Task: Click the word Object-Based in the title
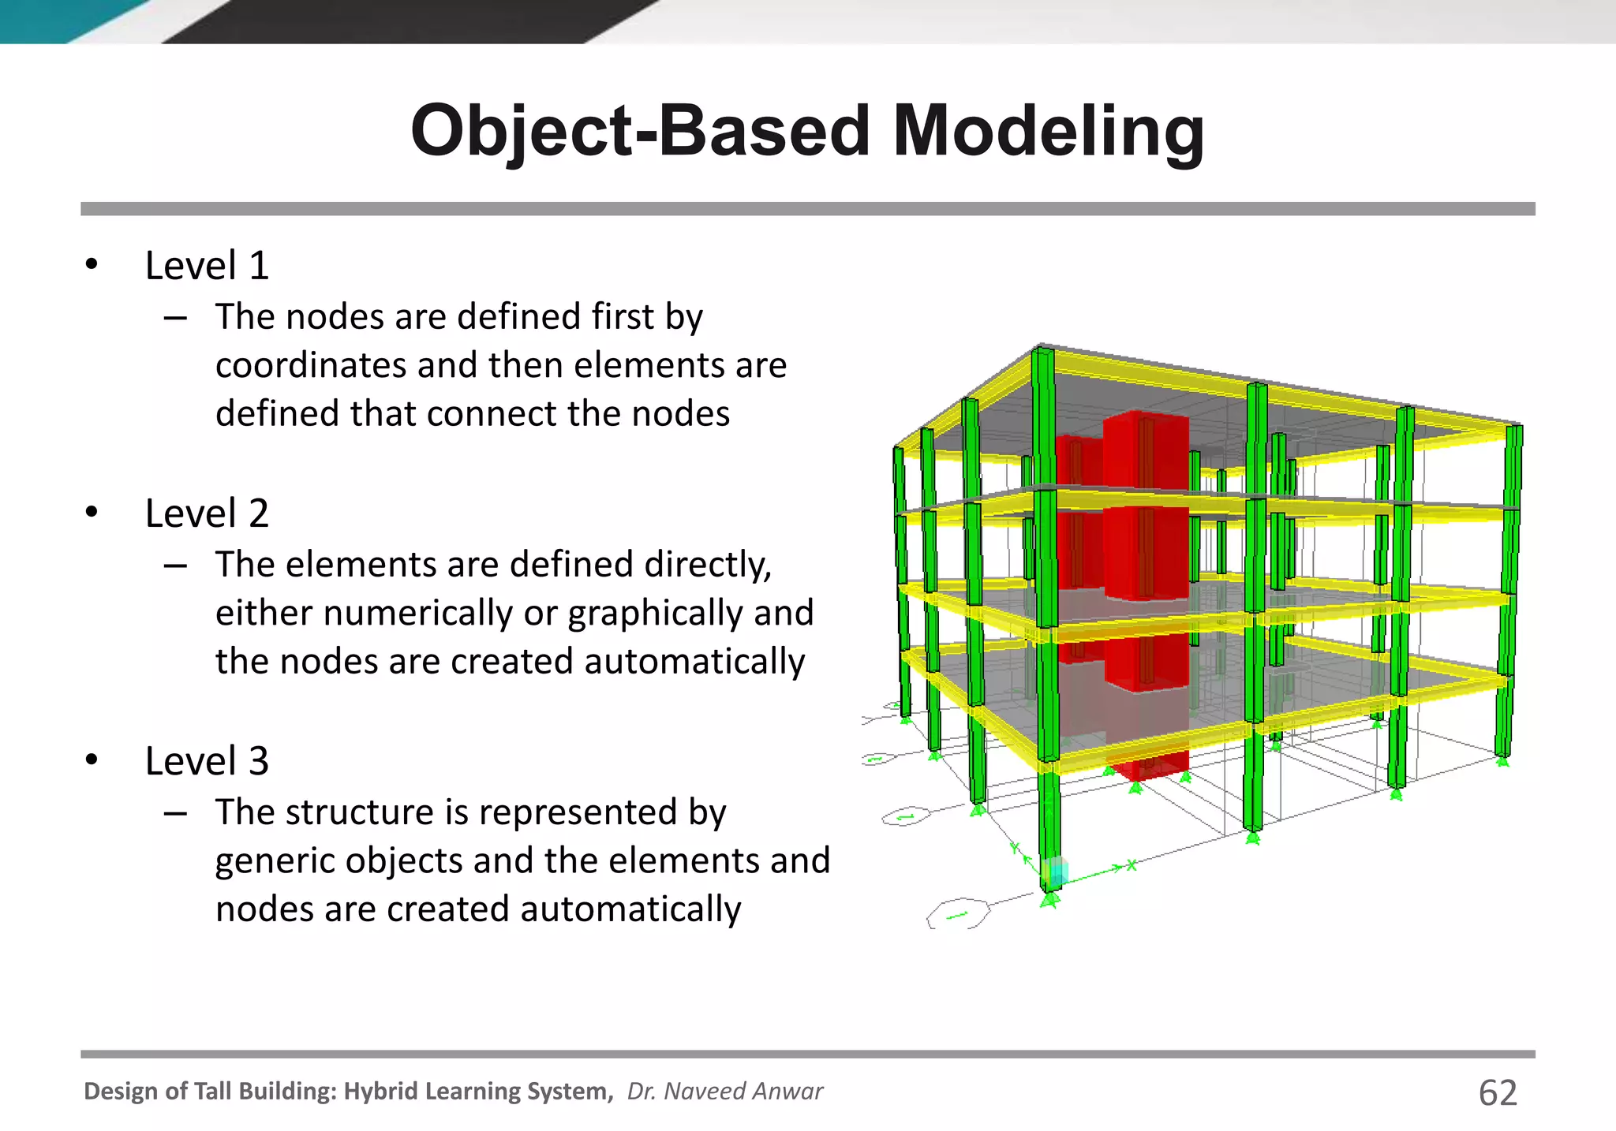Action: (x=641, y=132)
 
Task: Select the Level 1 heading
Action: (x=207, y=266)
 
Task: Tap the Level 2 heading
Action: (x=207, y=513)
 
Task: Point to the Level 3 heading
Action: (x=207, y=761)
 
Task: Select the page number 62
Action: (x=1498, y=1093)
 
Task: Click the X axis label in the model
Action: (x=1132, y=864)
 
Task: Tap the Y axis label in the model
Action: (x=1015, y=849)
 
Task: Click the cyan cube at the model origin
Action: (x=1055, y=872)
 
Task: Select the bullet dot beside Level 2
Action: (x=92, y=513)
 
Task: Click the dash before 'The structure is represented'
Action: (x=175, y=812)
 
